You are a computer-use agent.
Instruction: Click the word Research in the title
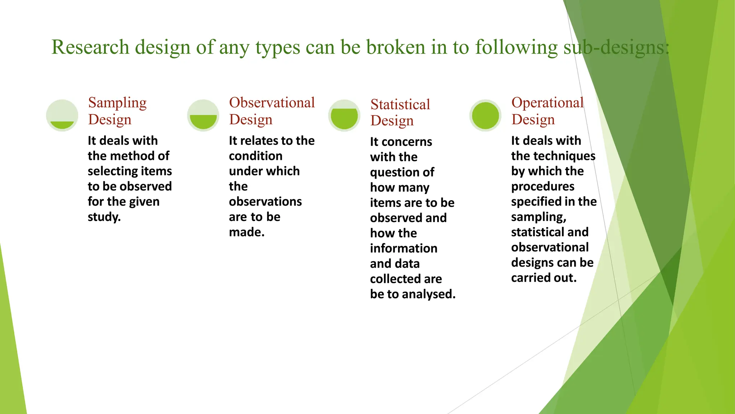coord(90,47)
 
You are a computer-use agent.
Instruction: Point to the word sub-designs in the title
coord(616,47)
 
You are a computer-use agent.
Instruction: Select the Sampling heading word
coord(117,103)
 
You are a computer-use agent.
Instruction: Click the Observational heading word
coord(272,103)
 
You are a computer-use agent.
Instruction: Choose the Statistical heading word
coord(400,105)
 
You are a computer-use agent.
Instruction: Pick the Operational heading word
coord(547,103)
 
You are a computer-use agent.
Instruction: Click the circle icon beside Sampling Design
coord(62,115)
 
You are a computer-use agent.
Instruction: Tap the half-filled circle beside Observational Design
coord(203,115)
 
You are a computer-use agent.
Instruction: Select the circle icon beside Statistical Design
coord(344,115)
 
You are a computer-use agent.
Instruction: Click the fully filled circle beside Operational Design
coord(485,115)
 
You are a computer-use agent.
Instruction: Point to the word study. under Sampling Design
coord(104,217)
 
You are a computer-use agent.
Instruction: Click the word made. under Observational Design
coord(247,232)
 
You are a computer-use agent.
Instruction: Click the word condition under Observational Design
coord(256,156)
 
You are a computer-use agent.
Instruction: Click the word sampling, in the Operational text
coord(538,217)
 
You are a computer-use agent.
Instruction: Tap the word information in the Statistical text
coord(403,248)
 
